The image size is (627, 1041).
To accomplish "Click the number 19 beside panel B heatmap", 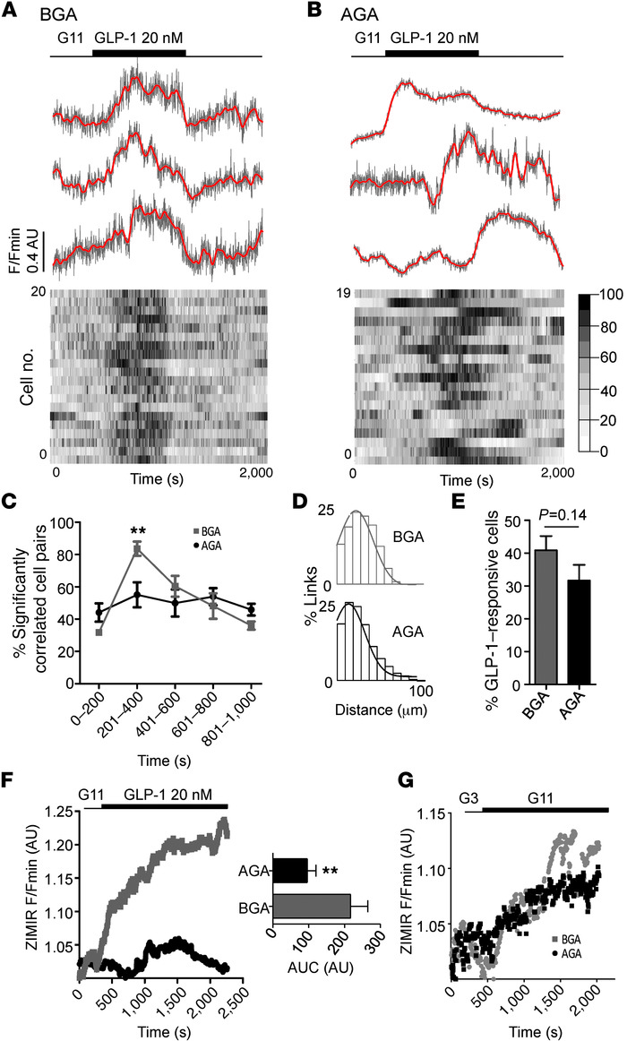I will click(340, 292).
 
